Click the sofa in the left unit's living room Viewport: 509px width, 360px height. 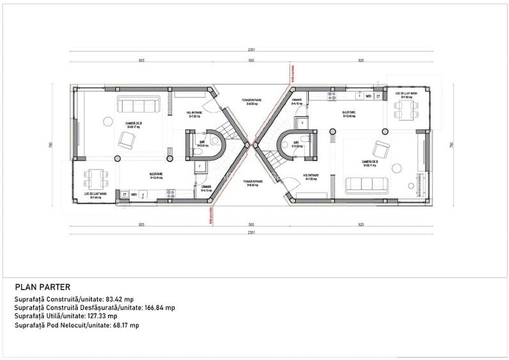[x=138, y=106]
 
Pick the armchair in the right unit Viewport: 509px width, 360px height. [x=381, y=150]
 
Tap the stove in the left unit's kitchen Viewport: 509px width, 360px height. [x=170, y=192]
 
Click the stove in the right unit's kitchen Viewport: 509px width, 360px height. [x=332, y=96]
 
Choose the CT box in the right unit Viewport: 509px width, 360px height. [x=378, y=96]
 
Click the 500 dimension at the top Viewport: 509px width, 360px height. [x=251, y=60]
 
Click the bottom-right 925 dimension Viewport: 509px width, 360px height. [x=361, y=225]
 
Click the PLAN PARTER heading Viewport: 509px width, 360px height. [x=42, y=287]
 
